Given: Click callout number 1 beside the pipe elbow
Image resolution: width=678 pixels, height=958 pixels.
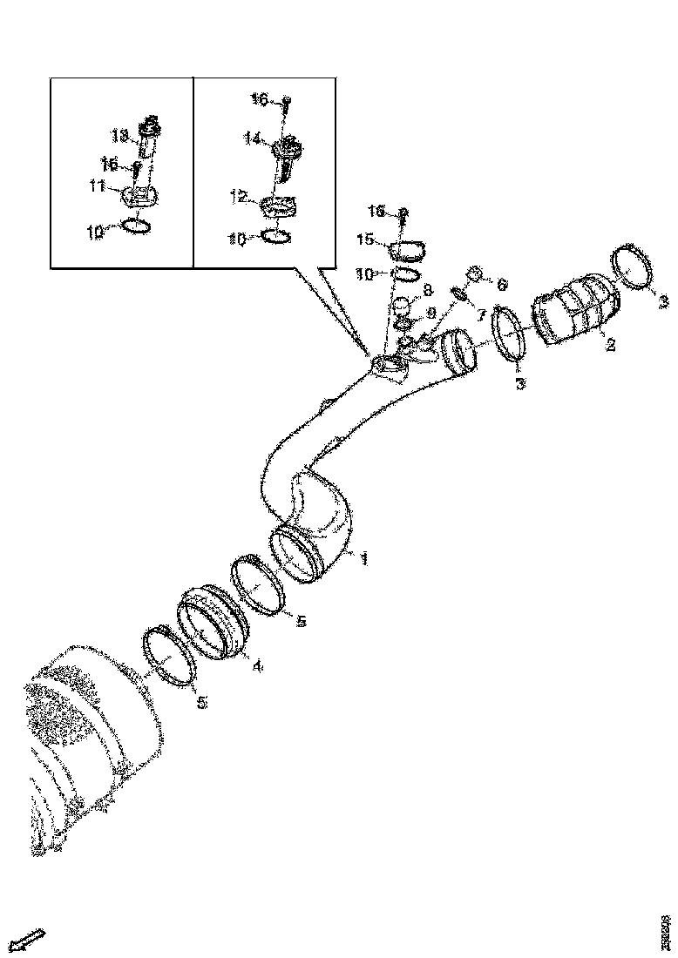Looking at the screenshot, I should tap(363, 558).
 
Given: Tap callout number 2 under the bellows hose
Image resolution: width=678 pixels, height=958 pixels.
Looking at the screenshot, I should tap(611, 346).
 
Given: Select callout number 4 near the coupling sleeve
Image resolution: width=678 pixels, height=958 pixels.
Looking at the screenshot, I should tap(256, 665).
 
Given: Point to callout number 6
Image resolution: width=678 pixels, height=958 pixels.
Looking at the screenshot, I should tap(502, 284).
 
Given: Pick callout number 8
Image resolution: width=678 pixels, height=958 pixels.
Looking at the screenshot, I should tap(428, 289).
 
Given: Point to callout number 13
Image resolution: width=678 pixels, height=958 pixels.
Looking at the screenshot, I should tap(119, 136).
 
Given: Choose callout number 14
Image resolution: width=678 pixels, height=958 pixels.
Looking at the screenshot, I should tap(252, 138).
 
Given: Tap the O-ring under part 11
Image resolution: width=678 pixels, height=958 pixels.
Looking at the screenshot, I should tap(138, 226).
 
